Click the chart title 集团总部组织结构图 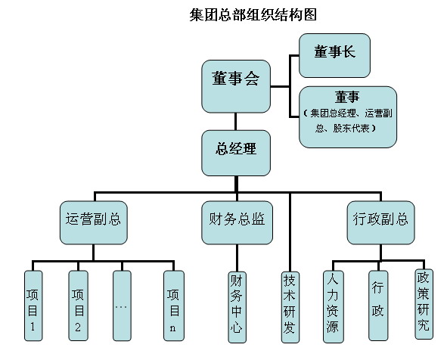pyautogui.click(x=253, y=14)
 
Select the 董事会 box pyautogui.click(x=236, y=86)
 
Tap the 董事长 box pyautogui.click(x=334, y=55)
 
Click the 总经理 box pyautogui.click(x=236, y=153)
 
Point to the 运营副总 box pyautogui.click(x=94, y=222)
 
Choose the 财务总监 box pyautogui.click(x=237, y=222)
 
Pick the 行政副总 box pyautogui.click(x=380, y=222)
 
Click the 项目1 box pyautogui.click(x=33, y=306)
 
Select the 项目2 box pyautogui.click(x=78, y=306)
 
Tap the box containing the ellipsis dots pyautogui.click(x=122, y=306)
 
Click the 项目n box pyautogui.click(x=174, y=306)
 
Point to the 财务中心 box pyautogui.click(x=237, y=307)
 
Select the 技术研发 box pyautogui.click(x=290, y=307)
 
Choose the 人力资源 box pyautogui.click(x=333, y=307)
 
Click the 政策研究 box pyautogui.click(x=424, y=304)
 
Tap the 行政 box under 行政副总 pyautogui.click(x=378, y=306)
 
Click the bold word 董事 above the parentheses pyautogui.click(x=347, y=97)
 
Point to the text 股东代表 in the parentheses pyautogui.click(x=351, y=129)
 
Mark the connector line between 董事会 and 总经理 pyautogui.click(x=235, y=122)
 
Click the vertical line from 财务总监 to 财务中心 pyautogui.click(x=237, y=258)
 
